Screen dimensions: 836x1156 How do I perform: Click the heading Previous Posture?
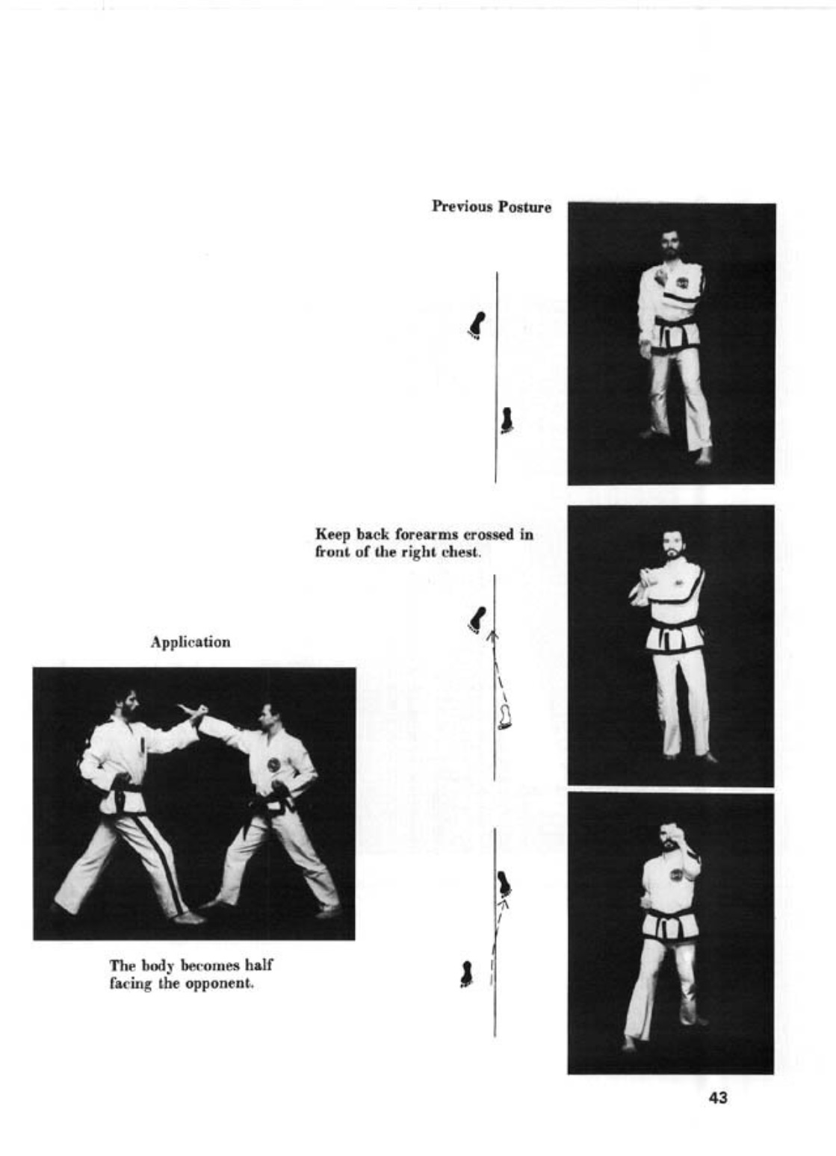[492, 207]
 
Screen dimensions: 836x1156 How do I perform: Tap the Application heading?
[191, 642]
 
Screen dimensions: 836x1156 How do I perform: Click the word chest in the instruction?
[464, 552]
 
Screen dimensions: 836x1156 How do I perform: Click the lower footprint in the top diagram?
[507, 420]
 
